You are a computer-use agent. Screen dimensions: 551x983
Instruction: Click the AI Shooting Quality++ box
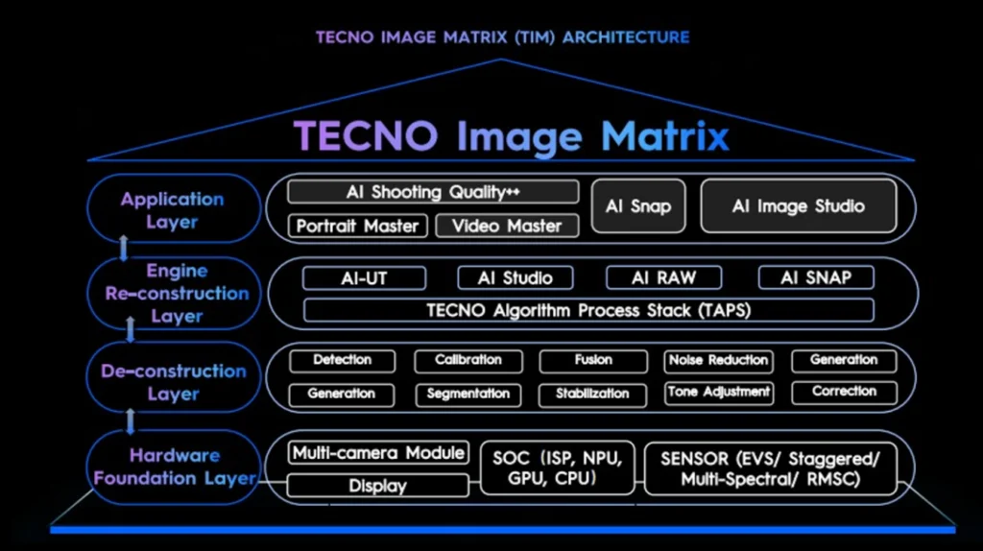click(x=433, y=192)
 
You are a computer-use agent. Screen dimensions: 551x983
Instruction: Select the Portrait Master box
click(x=357, y=226)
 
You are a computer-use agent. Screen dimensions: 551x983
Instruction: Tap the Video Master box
click(x=507, y=226)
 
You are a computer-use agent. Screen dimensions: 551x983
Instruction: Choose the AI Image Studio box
click(x=798, y=205)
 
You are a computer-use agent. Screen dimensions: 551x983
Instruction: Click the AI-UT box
click(x=364, y=277)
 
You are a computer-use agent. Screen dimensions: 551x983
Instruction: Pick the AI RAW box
click(x=663, y=277)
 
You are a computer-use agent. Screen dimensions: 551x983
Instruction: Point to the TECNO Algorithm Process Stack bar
click(x=588, y=310)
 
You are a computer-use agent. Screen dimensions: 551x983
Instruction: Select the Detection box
click(x=342, y=360)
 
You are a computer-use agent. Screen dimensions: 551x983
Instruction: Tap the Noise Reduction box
click(x=718, y=360)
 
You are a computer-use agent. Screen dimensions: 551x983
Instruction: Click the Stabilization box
click(x=592, y=394)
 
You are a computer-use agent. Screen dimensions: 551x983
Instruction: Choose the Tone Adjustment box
click(x=718, y=392)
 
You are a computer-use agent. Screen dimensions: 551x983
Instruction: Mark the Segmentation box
click(x=468, y=394)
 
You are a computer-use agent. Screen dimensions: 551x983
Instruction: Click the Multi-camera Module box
click(x=378, y=452)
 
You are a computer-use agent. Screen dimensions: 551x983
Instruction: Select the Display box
click(x=377, y=486)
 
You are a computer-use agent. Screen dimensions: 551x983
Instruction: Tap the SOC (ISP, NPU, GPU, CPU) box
click(x=556, y=467)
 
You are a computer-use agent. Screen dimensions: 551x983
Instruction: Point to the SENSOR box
click(x=777, y=467)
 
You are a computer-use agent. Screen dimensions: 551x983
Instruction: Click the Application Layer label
click(x=173, y=210)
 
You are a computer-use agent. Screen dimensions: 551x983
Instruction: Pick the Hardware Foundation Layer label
click(x=174, y=467)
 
